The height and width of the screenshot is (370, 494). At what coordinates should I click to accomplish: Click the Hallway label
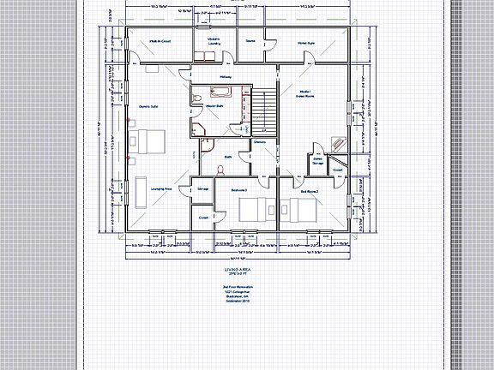pos(226,77)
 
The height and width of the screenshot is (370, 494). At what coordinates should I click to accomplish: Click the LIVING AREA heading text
pos(235,268)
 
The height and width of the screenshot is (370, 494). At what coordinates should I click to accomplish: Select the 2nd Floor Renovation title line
pos(235,284)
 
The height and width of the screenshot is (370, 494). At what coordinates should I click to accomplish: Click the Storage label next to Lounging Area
pos(202,187)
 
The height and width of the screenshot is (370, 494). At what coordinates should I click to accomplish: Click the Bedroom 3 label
pos(240,189)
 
